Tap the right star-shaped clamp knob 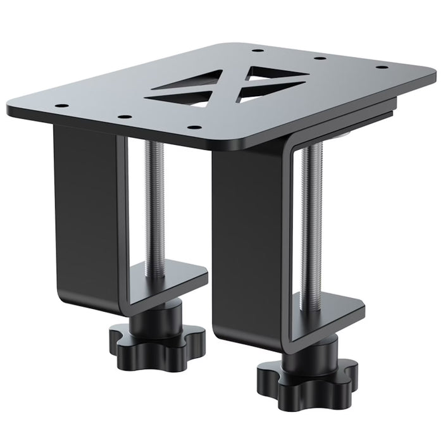pos(306,374)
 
